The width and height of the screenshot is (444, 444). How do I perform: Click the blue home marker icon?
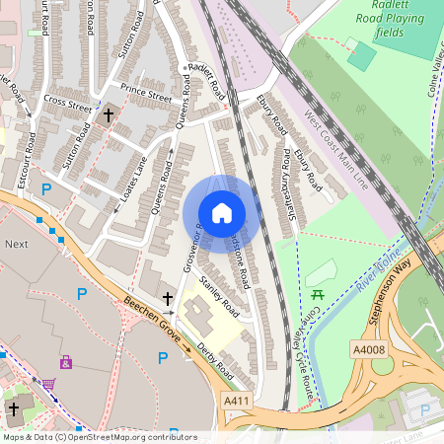tap(222, 213)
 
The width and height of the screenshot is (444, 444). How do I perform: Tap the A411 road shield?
tap(237, 402)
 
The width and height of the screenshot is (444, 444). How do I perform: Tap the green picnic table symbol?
tap(318, 295)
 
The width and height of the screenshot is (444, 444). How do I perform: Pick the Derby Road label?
tap(214, 361)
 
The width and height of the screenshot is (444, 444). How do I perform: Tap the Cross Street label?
tap(67, 102)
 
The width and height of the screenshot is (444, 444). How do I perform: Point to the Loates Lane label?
tap(126, 169)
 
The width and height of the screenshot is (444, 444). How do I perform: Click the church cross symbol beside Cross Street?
tap(108, 116)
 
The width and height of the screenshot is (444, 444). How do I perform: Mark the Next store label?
tap(17, 243)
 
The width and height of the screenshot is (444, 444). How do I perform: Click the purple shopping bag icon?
tap(66, 362)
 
